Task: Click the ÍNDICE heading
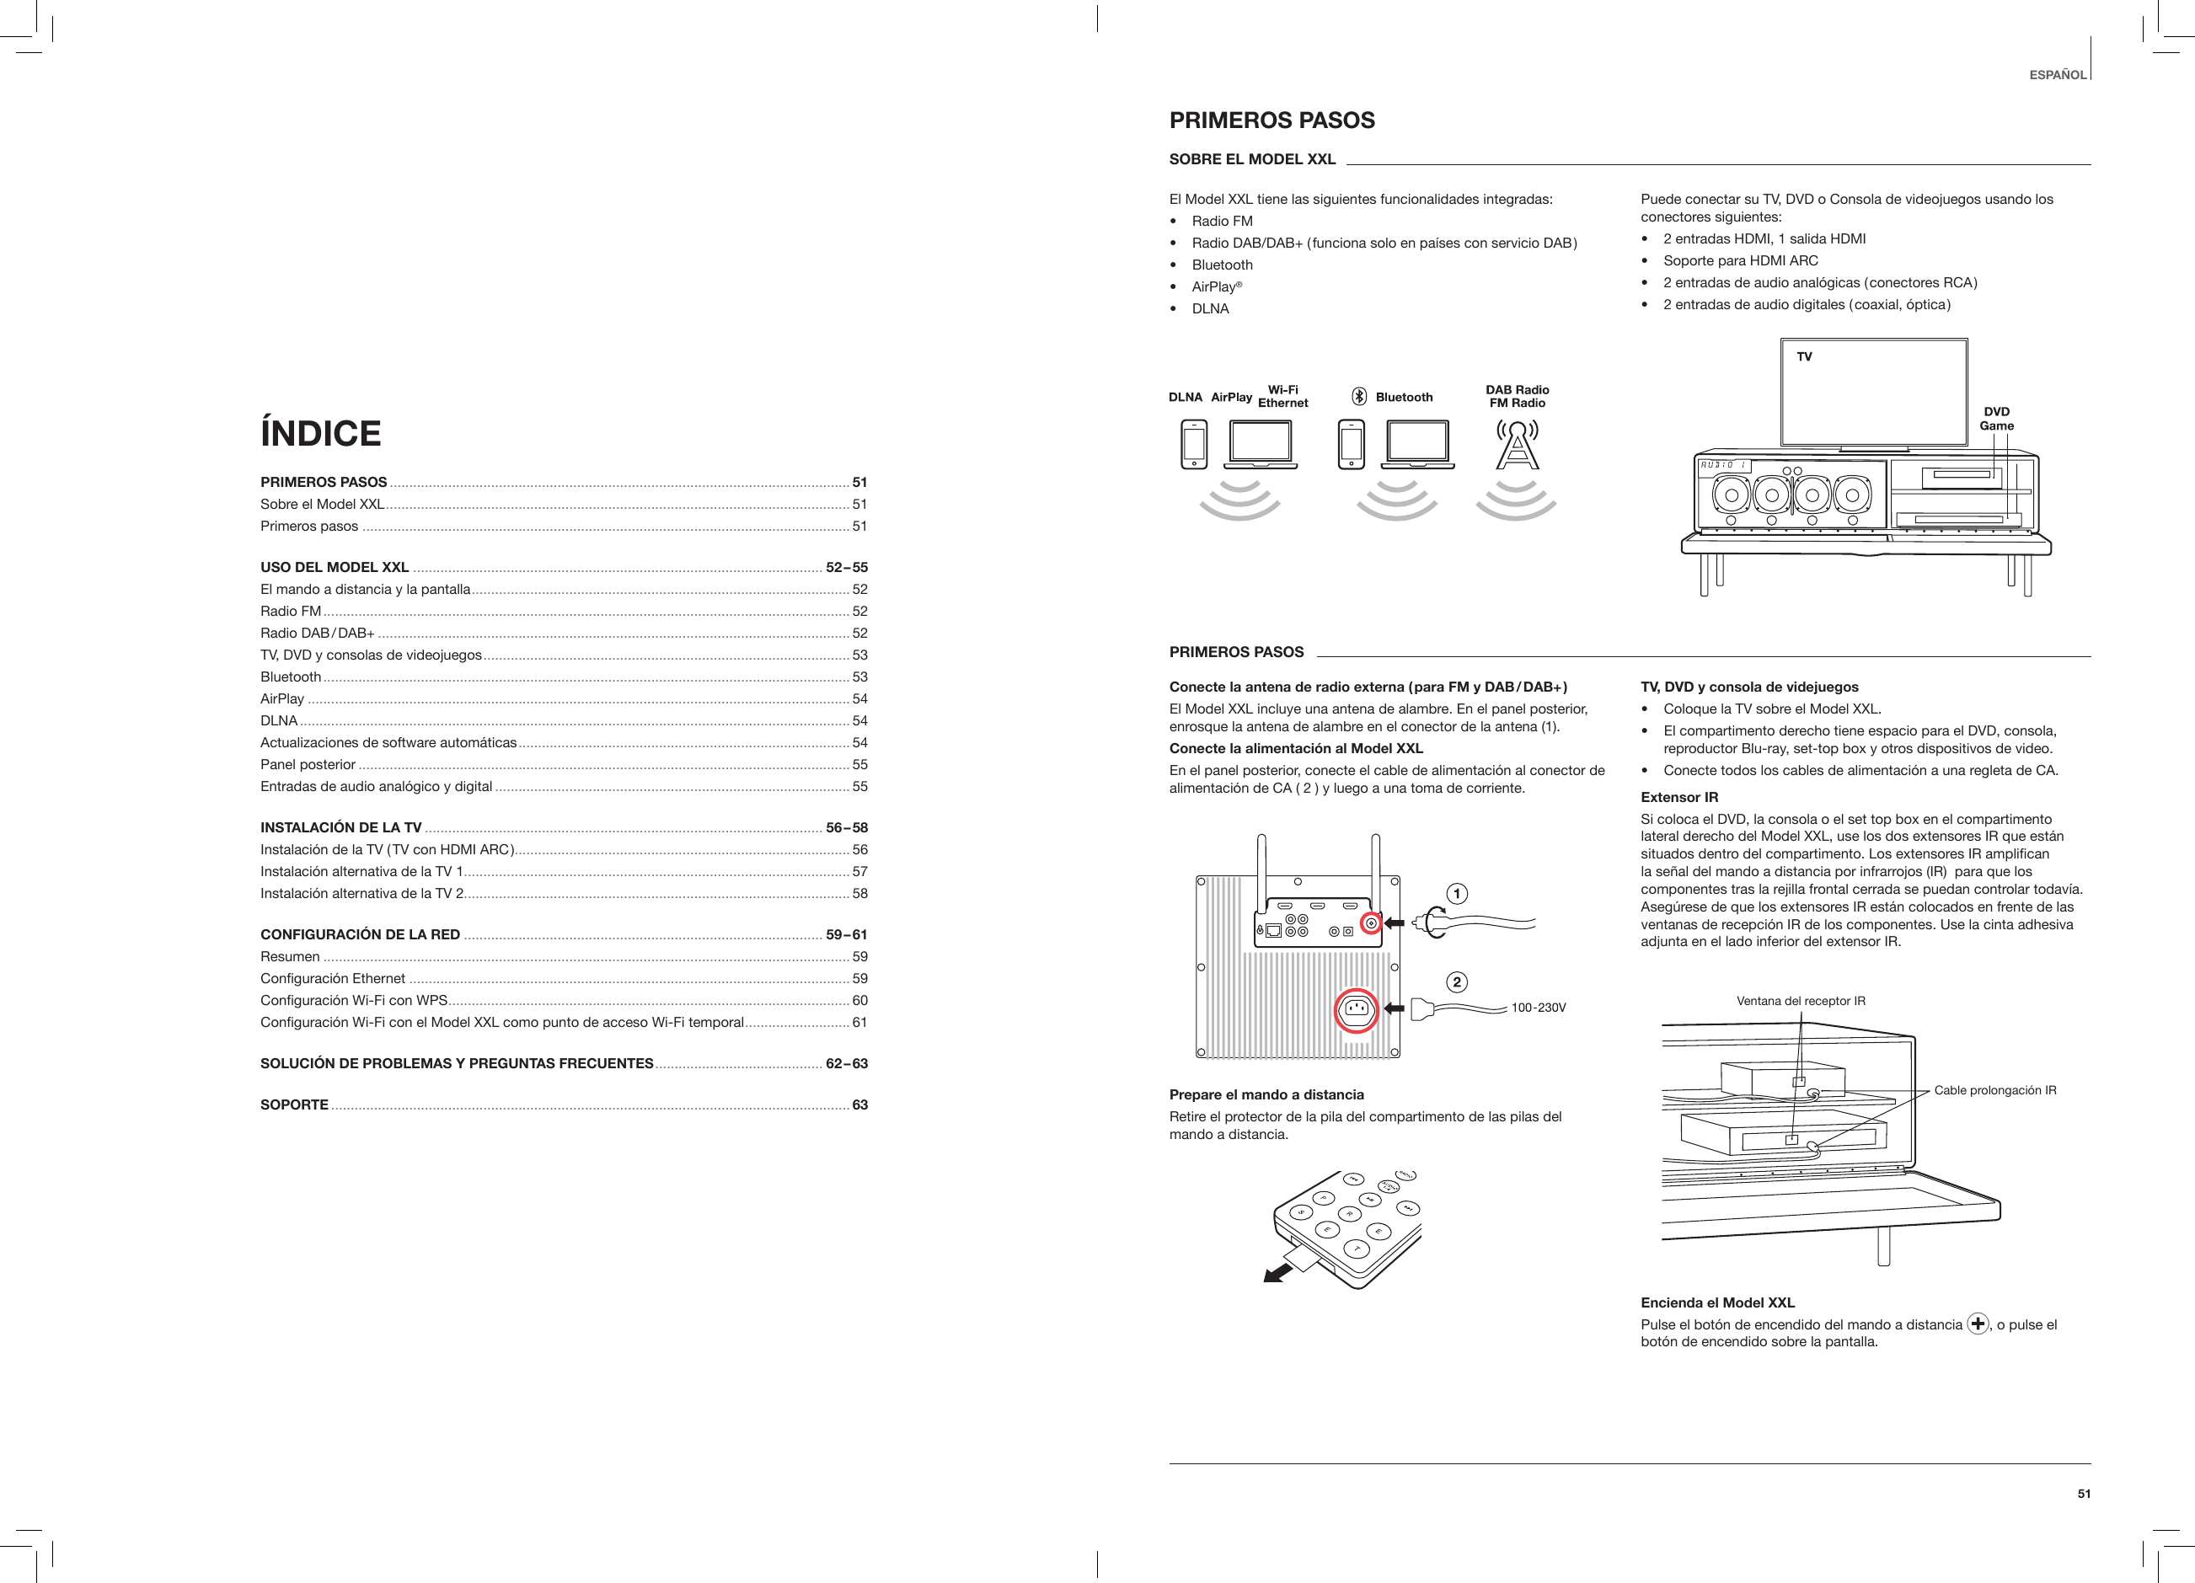point(320,434)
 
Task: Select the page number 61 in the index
point(859,1023)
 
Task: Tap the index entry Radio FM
point(291,612)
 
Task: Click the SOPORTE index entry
point(294,1105)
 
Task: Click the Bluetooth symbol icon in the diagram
point(1359,397)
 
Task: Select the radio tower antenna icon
point(1518,445)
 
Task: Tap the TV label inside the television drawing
point(1804,357)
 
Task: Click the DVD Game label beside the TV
point(1997,419)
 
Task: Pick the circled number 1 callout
point(1457,893)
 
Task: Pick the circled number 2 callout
point(1457,983)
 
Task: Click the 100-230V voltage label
point(1538,1008)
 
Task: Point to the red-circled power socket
point(1357,1010)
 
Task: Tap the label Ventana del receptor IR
point(1802,1002)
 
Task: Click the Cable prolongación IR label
point(1994,1090)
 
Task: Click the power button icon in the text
point(1978,1324)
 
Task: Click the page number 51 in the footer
point(2084,1494)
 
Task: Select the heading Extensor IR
point(1679,797)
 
